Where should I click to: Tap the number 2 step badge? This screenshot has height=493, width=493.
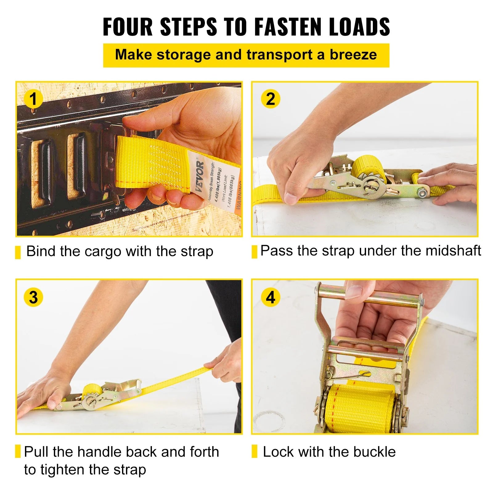pos(270,99)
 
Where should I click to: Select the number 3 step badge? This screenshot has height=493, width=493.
pos(33,297)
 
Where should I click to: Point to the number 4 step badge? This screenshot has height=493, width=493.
pos(270,297)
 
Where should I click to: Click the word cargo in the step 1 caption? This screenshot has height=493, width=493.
pos(103,251)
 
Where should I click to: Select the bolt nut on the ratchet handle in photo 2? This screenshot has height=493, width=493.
pos(422,193)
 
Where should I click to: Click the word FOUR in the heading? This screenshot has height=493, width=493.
pos(128,27)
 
